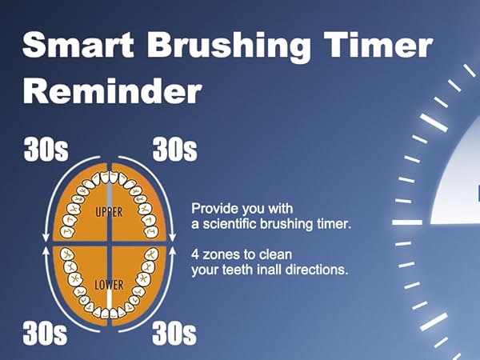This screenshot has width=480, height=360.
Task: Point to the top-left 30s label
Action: pyautogui.click(x=46, y=149)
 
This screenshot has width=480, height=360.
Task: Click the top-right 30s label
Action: pyautogui.click(x=174, y=149)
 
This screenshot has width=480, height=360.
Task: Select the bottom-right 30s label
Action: pyautogui.click(x=174, y=333)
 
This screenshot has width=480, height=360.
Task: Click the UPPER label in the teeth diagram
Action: pyautogui.click(x=110, y=214)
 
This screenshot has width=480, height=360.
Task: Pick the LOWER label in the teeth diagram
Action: pyautogui.click(x=110, y=284)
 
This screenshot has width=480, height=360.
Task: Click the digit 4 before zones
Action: pyautogui.click(x=195, y=254)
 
